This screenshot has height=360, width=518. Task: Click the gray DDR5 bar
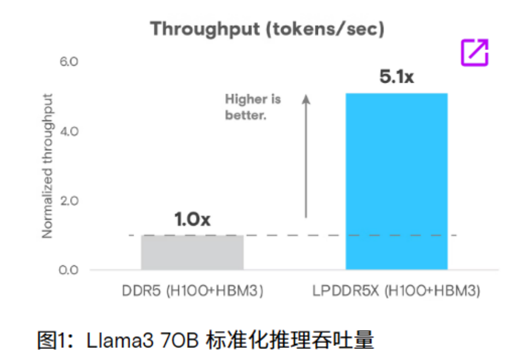click(192, 253)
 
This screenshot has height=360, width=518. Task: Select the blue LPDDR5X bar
click(396, 182)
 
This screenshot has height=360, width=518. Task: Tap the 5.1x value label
click(396, 77)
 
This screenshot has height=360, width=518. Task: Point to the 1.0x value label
click(192, 219)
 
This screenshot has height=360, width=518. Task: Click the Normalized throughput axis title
click(48, 166)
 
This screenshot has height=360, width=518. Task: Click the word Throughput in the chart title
click(205, 29)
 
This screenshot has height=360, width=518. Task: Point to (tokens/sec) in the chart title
click(325, 29)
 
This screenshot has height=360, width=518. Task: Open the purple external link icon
click(475, 53)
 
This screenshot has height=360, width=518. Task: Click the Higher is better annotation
click(253, 107)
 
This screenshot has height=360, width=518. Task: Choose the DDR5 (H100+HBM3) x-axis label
click(192, 292)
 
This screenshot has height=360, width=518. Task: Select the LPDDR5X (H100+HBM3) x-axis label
click(396, 292)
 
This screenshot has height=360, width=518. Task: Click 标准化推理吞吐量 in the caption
click(288, 341)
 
